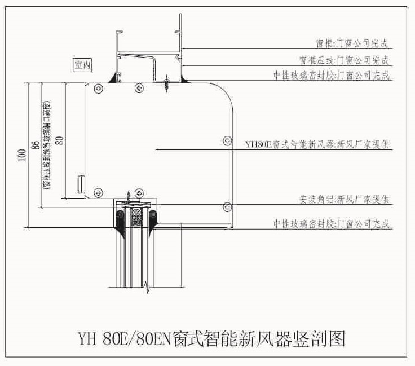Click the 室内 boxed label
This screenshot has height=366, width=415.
coord(82,65)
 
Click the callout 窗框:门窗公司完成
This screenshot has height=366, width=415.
coord(352,43)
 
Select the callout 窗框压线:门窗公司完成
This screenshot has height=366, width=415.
coord(344,59)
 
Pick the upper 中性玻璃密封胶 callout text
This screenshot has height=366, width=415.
coord(332,75)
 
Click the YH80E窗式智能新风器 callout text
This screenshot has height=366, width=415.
coord(317,145)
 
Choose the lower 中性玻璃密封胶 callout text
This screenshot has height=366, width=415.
coord(332,224)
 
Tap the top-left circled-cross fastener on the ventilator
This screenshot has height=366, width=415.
coord(98,89)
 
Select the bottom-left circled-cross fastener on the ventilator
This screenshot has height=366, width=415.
coord(98,192)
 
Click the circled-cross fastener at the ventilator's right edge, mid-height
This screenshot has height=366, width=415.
coord(227,140)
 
